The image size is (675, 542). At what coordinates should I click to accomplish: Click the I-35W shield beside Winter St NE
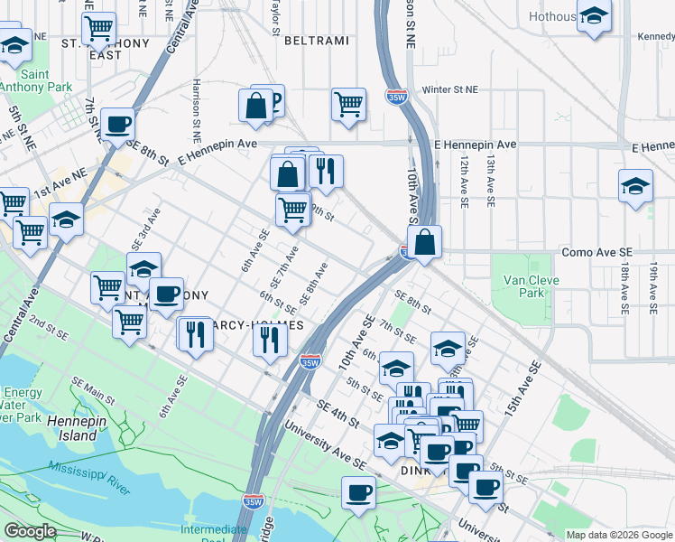tap(395, 96)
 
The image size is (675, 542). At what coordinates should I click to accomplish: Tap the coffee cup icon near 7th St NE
tap(117, 124)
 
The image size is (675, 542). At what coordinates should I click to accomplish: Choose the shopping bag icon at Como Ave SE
tap(423, 242)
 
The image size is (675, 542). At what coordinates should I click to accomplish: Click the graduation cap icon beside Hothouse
tap(593, 17)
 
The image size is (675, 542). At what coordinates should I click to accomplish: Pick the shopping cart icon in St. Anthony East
tap(98, 28)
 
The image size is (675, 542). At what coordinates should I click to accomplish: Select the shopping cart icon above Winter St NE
tap(347, 104)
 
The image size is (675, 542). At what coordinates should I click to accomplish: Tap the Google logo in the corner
tap(30, 531)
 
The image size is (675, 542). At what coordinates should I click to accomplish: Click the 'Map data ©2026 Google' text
tap(619, 535)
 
